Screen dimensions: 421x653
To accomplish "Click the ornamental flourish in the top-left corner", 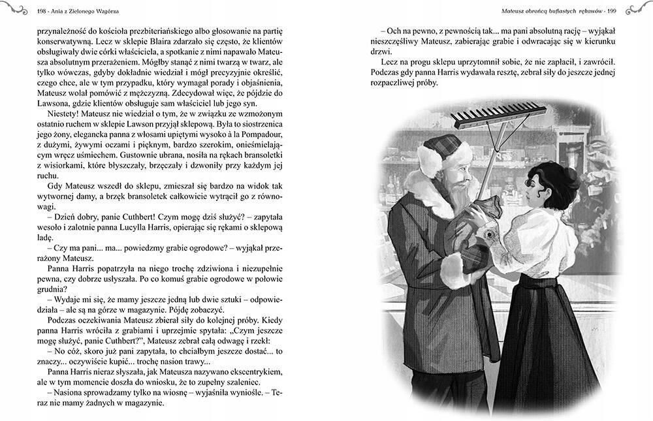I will [x=15, y=8].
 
